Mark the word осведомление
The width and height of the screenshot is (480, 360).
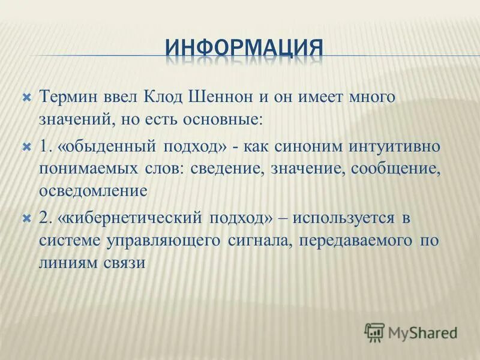pos(93,191)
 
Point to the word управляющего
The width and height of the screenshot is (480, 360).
pos(164,241)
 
